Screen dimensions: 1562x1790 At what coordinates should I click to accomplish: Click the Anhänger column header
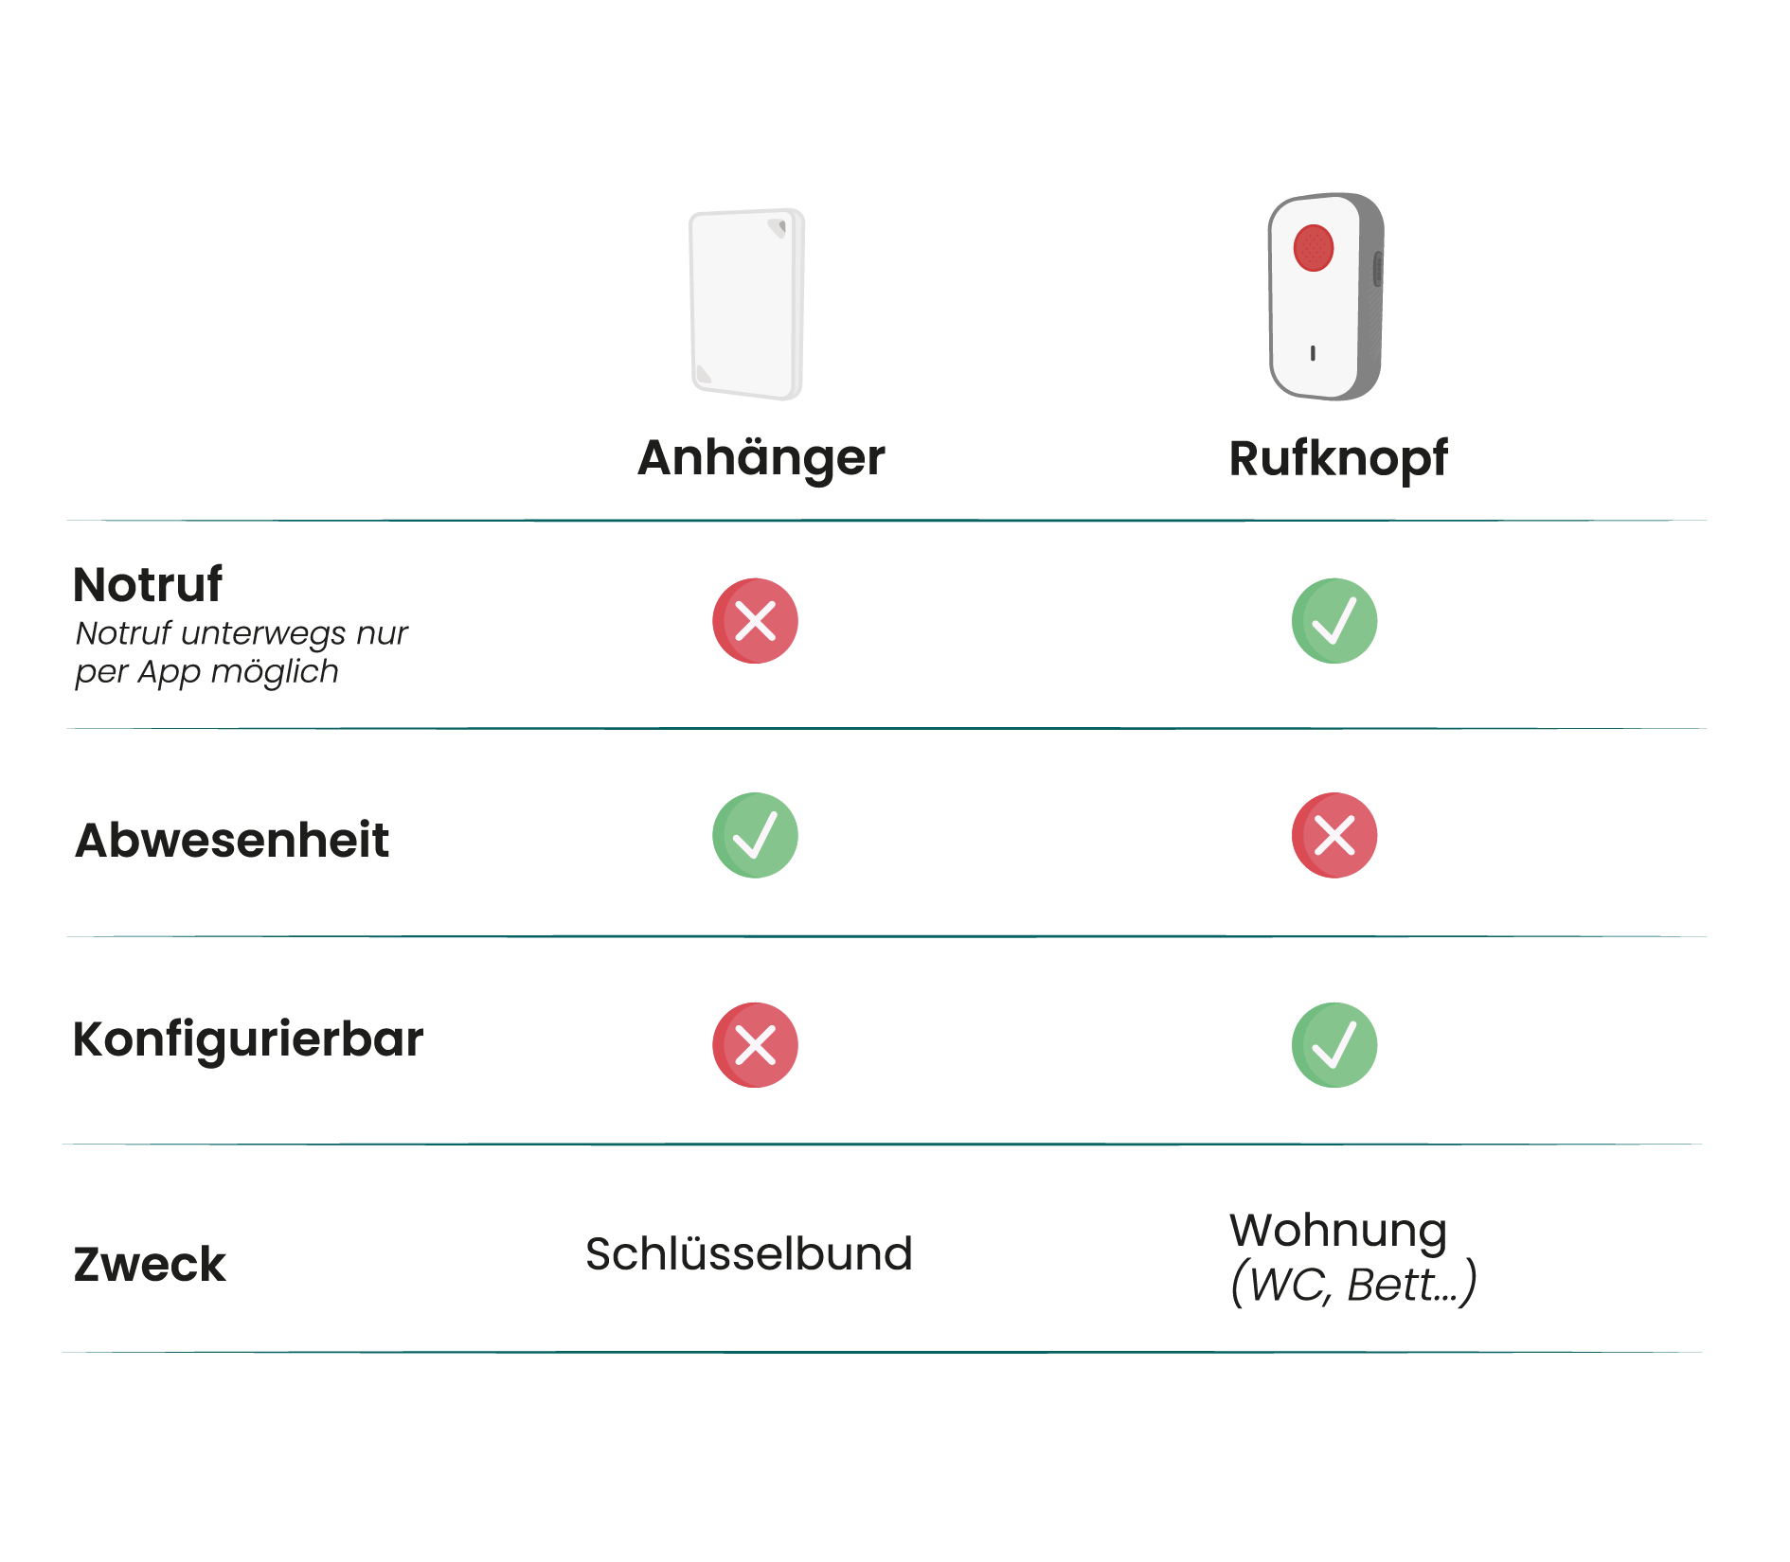(761, 458)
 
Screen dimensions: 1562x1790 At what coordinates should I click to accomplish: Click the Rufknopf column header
(1337, 458)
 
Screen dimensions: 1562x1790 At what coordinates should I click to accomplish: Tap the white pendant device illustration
(746, 303)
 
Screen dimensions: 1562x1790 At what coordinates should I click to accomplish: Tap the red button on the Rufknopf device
(1313, 248)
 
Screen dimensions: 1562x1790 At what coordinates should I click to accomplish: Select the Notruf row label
(148, 584)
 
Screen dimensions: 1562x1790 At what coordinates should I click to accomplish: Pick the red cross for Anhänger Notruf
(755, 621)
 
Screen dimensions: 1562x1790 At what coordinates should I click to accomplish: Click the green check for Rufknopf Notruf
(1334, 621)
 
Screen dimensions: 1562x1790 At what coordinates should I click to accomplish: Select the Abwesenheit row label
(232, 840)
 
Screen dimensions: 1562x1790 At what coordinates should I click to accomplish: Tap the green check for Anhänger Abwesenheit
(755, 835)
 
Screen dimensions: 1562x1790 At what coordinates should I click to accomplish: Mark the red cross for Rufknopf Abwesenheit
(1334, 835)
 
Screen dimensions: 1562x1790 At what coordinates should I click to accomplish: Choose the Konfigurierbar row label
(248, 1039)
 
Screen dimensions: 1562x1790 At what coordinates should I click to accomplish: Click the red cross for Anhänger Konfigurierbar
(755, 1045)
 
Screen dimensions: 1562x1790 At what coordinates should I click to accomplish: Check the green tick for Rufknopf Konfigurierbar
(1334, 1045)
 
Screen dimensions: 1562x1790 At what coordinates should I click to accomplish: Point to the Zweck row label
(150, 1265)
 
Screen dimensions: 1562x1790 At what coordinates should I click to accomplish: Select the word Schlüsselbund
(749, 1254)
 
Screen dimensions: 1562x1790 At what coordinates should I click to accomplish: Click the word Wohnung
(1338, 1232)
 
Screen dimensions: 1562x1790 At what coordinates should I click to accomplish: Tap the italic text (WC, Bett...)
(1353, 1285)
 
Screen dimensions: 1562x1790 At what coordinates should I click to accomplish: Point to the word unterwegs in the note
(264, 632)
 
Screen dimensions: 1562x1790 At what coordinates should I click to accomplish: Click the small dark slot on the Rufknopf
(1312, 353)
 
